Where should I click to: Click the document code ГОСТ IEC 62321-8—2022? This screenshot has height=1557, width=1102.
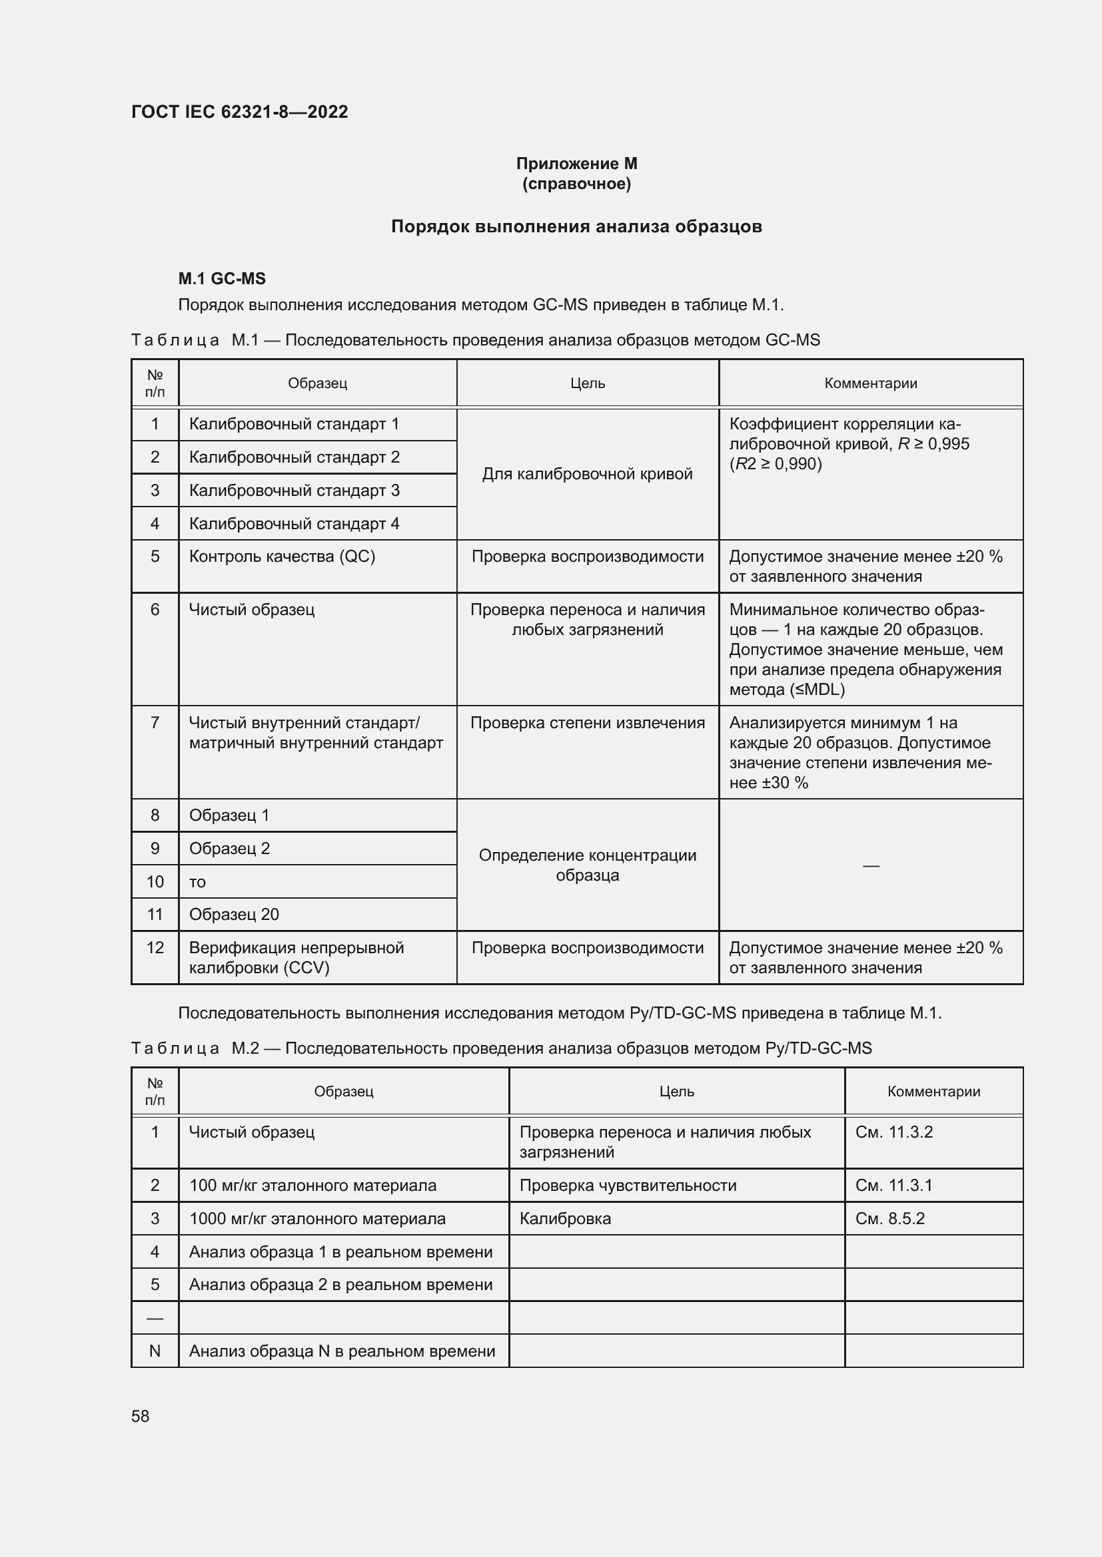tap(239, 112)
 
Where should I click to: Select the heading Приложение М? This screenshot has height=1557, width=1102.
tap(576, 164)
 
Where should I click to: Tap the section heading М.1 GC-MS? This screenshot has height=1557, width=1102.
tap(222, 279)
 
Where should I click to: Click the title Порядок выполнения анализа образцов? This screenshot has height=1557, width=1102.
tap(576, 226)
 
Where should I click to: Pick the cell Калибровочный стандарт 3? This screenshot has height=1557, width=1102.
tap(294, 491)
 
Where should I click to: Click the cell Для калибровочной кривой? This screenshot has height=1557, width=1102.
tap(587, 474)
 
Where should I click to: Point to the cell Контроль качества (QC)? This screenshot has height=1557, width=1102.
tap(282, 556)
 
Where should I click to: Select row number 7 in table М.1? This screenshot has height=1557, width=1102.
tap(155, 723)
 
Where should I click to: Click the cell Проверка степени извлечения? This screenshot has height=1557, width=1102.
tap(587, 723)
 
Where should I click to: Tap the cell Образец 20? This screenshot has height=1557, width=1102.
tap(234, 914)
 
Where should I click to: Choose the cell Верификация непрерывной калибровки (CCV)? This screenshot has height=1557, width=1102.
tap(296, 957)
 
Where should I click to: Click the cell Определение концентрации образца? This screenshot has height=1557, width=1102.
tap(587, 865)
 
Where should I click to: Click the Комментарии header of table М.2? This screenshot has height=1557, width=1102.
tap(933, 1091)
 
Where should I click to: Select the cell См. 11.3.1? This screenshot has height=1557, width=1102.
tap(893, 1186)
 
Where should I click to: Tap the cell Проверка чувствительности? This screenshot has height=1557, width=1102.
tap(628, 1186)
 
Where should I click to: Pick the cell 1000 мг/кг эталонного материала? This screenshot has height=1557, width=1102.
tap(317, 1219)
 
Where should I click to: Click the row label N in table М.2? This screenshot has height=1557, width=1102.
tap(155, 1351)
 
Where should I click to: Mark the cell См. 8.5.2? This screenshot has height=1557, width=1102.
tap(889, 1219)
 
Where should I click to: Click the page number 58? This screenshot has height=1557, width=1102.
tap(141, 1416)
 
